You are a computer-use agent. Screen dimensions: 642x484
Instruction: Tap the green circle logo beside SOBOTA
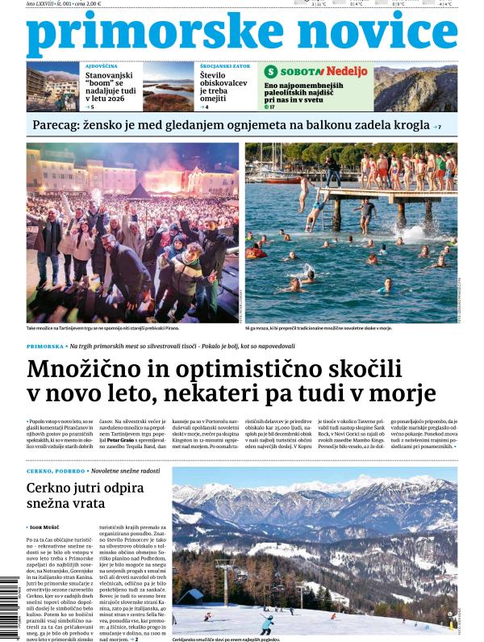pyautogui.click(x=272, y=72)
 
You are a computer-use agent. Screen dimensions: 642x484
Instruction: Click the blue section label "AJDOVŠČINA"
pyautogui.click(x=102, y=65)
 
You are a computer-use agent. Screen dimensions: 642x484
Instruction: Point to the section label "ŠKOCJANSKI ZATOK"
pyautogui.click(x=223, y=65)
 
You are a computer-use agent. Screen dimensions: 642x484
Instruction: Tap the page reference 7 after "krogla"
pyautogui.click(x=439, y=127)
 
